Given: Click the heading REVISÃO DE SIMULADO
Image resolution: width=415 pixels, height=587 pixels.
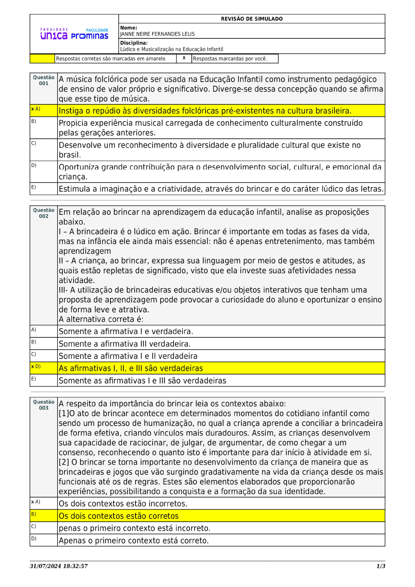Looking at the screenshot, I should pos(252,19).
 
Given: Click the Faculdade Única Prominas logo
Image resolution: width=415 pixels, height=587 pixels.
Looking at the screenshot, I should pos(74,34).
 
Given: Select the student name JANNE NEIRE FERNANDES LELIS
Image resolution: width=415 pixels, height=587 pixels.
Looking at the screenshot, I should pos(157,34).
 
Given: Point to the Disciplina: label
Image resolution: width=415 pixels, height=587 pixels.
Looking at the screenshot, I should pos(134,43).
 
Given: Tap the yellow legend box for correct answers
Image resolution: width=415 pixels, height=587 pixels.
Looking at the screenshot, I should pos(42,59).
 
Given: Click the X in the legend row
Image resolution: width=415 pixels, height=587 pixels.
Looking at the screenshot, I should pos(184,58).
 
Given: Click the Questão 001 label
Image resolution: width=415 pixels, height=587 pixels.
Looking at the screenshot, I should pos(44,81).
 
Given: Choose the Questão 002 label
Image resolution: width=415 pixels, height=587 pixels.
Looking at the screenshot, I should pos(44,213).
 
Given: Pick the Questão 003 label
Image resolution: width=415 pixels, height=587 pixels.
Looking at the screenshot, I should pos(44,405).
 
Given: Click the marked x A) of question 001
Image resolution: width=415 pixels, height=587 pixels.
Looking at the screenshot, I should pos(36,109).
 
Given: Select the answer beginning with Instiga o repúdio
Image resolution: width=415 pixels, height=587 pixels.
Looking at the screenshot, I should pos(205,111).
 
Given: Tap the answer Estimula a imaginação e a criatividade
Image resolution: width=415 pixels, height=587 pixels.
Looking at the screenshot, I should pos(221,189).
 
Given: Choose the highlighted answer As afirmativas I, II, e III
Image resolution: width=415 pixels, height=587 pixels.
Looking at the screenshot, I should pos(131,368).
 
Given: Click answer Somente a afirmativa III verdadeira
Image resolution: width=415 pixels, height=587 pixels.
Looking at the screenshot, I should pos(124,344).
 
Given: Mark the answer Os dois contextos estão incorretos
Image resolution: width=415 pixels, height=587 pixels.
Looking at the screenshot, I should pos(123,504).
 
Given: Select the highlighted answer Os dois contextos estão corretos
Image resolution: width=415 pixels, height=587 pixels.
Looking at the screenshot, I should pos(118,516).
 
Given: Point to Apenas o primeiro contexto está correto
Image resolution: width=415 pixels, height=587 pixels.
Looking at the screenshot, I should pos(133,541).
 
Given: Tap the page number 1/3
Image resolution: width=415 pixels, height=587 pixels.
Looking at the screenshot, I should pos(381,566).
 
